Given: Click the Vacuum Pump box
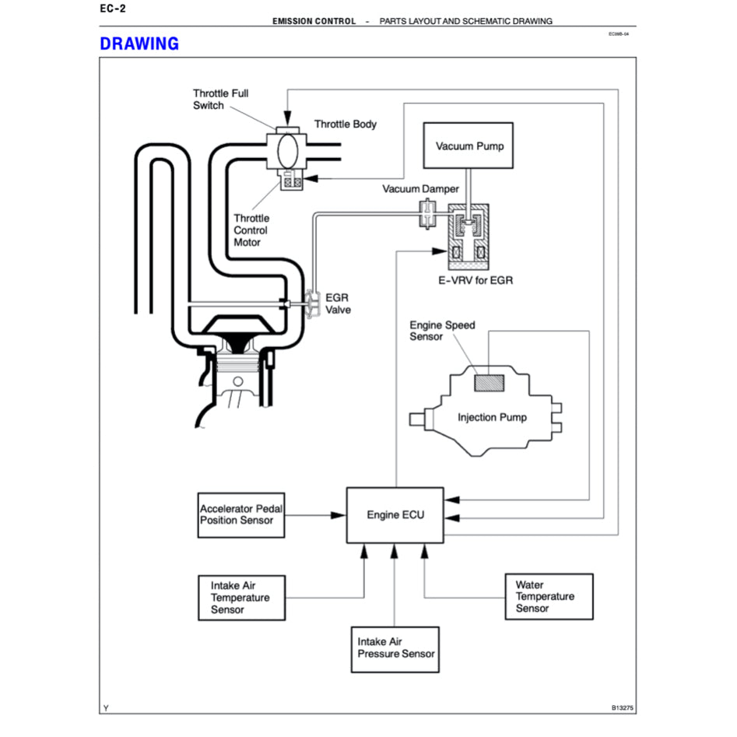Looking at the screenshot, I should coord(469,146).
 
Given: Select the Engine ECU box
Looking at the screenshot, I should coord(394,514).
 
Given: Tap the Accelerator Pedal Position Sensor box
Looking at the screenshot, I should coord(240,514).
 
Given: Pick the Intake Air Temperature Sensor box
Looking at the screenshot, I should coord(240,598).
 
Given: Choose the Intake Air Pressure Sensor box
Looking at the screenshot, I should coord(396,648).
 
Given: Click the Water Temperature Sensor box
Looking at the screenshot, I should coord(550,597).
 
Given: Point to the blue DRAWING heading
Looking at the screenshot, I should coord(139,44).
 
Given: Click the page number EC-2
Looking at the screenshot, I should coord(113,9).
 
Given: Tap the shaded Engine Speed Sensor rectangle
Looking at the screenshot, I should coord(490,382).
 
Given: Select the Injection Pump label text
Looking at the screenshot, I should coord(492,417).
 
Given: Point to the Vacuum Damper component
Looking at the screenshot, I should coord(426,213).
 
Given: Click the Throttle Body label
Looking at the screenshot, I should coord(346,124).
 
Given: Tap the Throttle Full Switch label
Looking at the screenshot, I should coord(220,100).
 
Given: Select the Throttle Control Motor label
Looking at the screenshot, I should coord(251,230).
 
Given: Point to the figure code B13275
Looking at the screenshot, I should coord(623,707).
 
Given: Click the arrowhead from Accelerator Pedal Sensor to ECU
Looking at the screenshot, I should coord(339,514).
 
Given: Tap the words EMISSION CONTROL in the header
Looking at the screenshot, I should coord(314,21).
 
